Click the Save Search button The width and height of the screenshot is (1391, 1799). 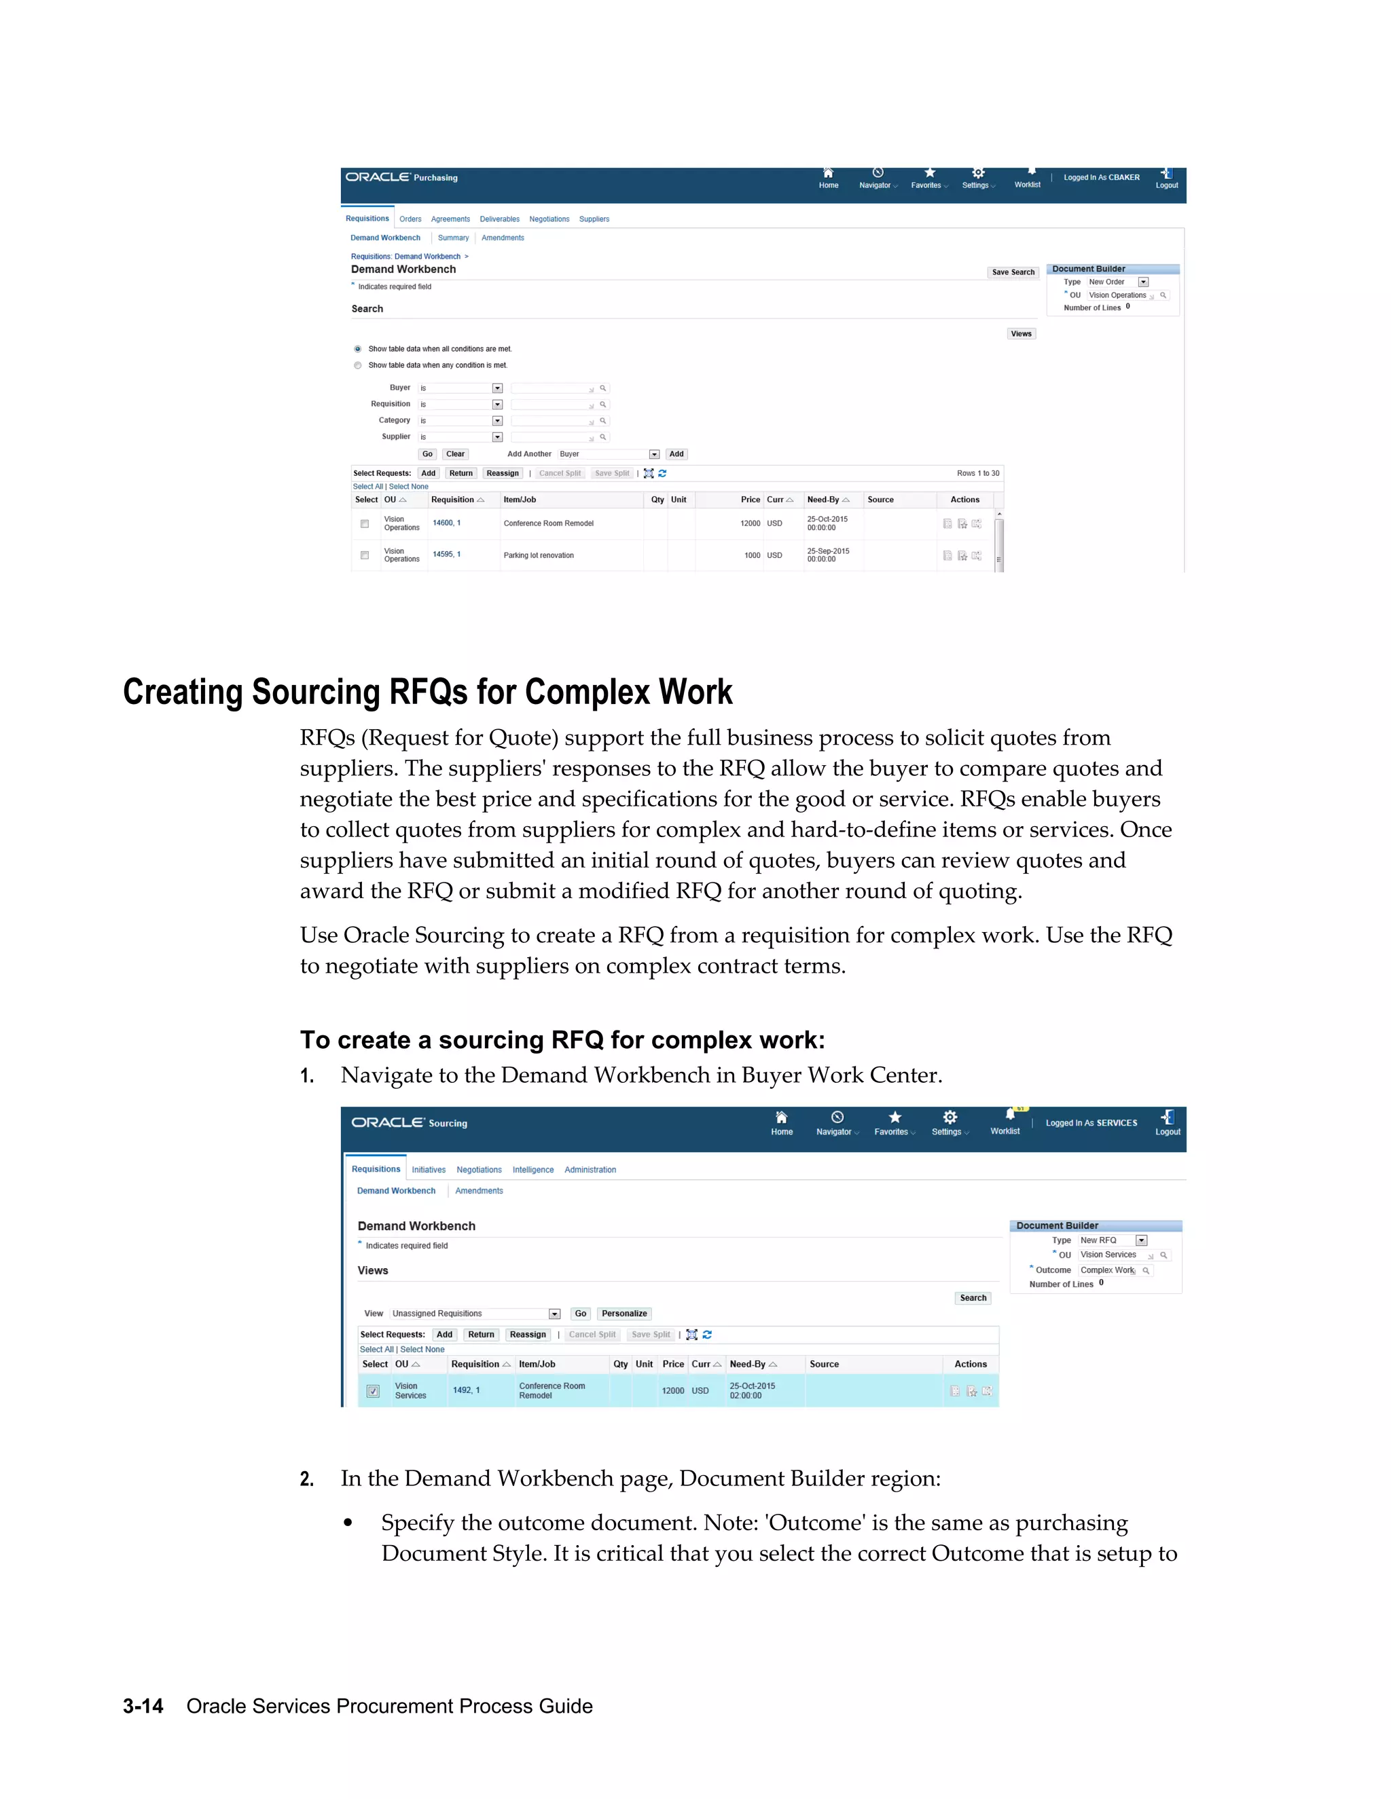click(x=1013, y=272)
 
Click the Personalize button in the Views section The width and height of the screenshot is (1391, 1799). click(x=624, y=1314)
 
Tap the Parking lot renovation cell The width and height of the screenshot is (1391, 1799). click(x=539, y=555)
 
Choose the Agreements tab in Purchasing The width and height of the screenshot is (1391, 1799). click(x=450, y=219)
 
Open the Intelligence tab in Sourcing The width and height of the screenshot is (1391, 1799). click(x=533, y=1170)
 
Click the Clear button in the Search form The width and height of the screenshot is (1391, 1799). click(x=455, y=454)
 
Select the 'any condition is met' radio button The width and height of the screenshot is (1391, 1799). click(x=358, y=365)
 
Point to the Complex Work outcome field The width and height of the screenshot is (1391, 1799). click(x=1108, y=1270)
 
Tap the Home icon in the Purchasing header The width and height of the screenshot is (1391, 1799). click(x=828, y=177)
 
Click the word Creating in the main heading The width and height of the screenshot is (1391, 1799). click(x=182, y=692)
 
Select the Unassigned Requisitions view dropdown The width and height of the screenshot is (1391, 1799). click(x=475, y=1314)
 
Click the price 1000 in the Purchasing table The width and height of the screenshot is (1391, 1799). click(x=753, y=555)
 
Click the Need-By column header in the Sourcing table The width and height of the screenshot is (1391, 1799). click(x=747, y=1364)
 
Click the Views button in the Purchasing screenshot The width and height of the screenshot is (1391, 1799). click(x=1021, y=333)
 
